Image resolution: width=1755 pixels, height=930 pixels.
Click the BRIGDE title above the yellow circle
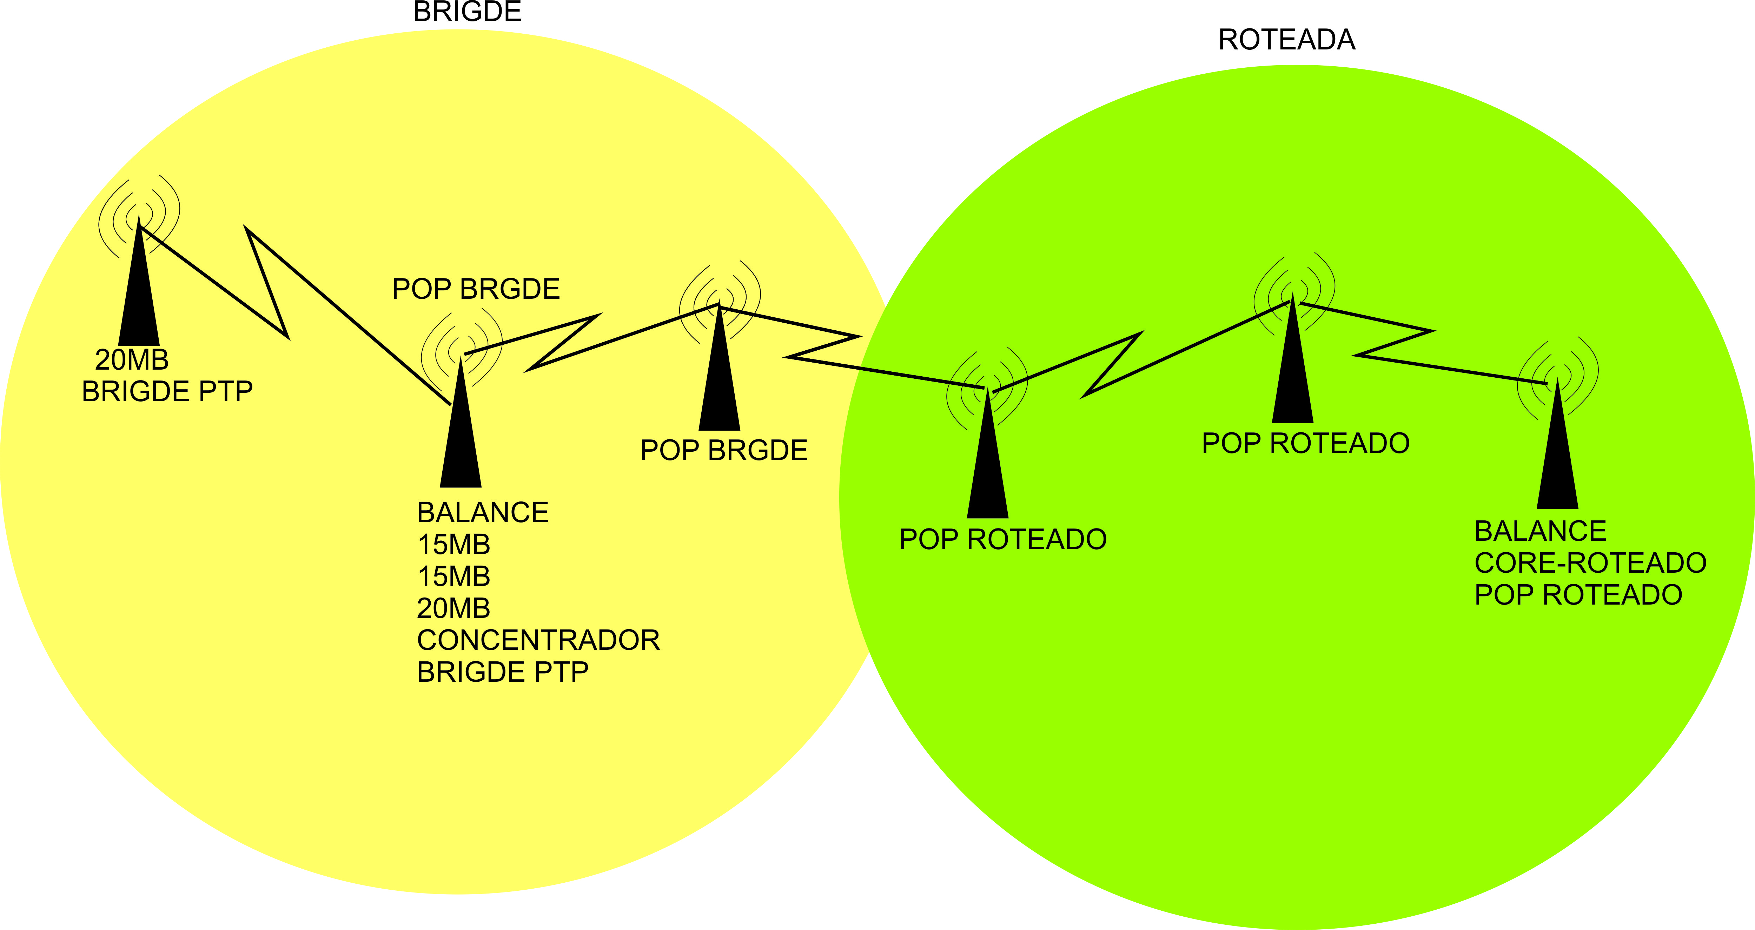tap(468, 12)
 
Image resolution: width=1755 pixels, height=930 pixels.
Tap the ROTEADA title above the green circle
tap(1286, 40)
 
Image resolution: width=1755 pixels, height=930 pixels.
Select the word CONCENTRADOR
tap(538, 640)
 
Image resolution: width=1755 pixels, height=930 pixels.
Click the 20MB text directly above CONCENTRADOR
tap(454, 608)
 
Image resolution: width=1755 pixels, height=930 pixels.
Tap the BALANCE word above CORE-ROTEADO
tap(1541, 531)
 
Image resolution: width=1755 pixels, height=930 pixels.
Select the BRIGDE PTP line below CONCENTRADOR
tap(502, 672)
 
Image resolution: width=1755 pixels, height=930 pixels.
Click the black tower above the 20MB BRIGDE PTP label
tap(139, 299)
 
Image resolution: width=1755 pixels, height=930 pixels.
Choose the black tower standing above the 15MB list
tap(461, 436)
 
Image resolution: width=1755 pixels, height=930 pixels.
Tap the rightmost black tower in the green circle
tap(1557, 456)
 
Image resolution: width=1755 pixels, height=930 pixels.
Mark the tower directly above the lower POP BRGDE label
tap(720, 381)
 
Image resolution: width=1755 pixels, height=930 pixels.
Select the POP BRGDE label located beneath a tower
tap(723, 450)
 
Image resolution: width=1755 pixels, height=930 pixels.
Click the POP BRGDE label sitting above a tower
tap(476, 289)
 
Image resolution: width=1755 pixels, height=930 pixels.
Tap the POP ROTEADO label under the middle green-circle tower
tap(1305, 443)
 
